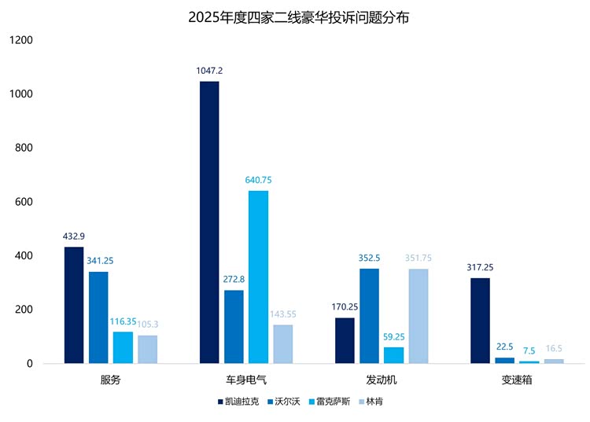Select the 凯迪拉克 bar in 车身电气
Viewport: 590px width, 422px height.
tap(209, 222)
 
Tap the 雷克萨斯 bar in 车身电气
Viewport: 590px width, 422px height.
tap(258, 277)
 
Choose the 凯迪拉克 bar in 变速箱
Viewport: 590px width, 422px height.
tap(480, 321)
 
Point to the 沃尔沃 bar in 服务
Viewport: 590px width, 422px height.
tap(98, 317)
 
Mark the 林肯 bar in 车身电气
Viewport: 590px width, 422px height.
tap(283, 344)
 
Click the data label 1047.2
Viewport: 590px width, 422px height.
tap(209, 71)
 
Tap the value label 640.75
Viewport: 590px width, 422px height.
tap(258, 180)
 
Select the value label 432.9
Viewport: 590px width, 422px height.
tap(74, 237)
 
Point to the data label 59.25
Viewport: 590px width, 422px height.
tap(394, 337)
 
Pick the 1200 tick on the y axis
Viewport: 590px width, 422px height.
tap(21, 40)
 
